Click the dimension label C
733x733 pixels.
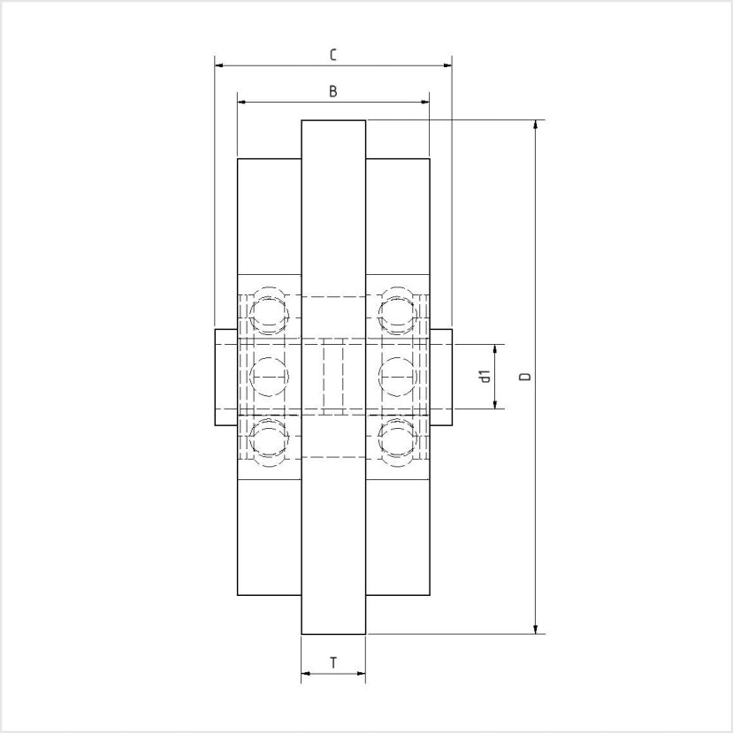(332, 55)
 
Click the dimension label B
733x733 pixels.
(332, 91)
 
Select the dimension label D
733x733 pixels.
(525, 377)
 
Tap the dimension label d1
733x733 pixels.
(485, 377)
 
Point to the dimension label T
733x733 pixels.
(332, 662)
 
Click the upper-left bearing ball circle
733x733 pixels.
(269, 313)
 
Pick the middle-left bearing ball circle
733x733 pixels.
(269, 377)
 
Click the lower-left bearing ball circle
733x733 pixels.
(269, 439)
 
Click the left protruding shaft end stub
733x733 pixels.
(225, 377)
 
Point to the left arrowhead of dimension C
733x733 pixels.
(220, 65)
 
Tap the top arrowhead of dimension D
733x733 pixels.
(536, 125)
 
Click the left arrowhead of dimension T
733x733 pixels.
(306, 674)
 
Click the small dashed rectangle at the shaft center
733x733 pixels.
(332, 377)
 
